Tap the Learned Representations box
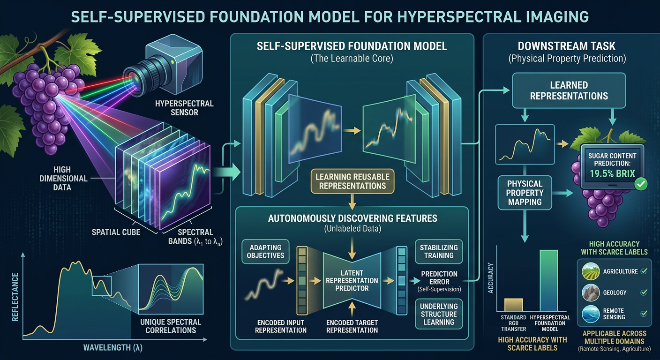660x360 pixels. click(569, 90)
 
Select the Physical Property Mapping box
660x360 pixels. click(525, 193)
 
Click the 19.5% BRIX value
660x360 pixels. click(612, 173)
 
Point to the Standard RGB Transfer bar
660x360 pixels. click(514, 305)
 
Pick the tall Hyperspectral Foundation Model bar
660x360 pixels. click(549, 280)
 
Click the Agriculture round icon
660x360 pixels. click(591, 271)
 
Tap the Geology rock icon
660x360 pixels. click(591, 292)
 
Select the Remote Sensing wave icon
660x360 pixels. click(591, 314)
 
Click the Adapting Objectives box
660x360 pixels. click(265, 251)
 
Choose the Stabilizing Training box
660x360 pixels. click(439, 251)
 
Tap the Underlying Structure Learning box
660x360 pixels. click(439, 314)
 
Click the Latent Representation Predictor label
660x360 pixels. click(352, 281)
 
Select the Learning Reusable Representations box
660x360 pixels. click(352, 181)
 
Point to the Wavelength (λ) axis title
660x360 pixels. click(113, 348)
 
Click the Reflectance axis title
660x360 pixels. click(15, 297)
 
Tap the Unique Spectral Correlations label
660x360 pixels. click(171, 326)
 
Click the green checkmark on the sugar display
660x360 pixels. click(641, 184)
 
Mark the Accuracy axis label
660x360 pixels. click(491, 278)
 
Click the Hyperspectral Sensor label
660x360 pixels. click(184, 108)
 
